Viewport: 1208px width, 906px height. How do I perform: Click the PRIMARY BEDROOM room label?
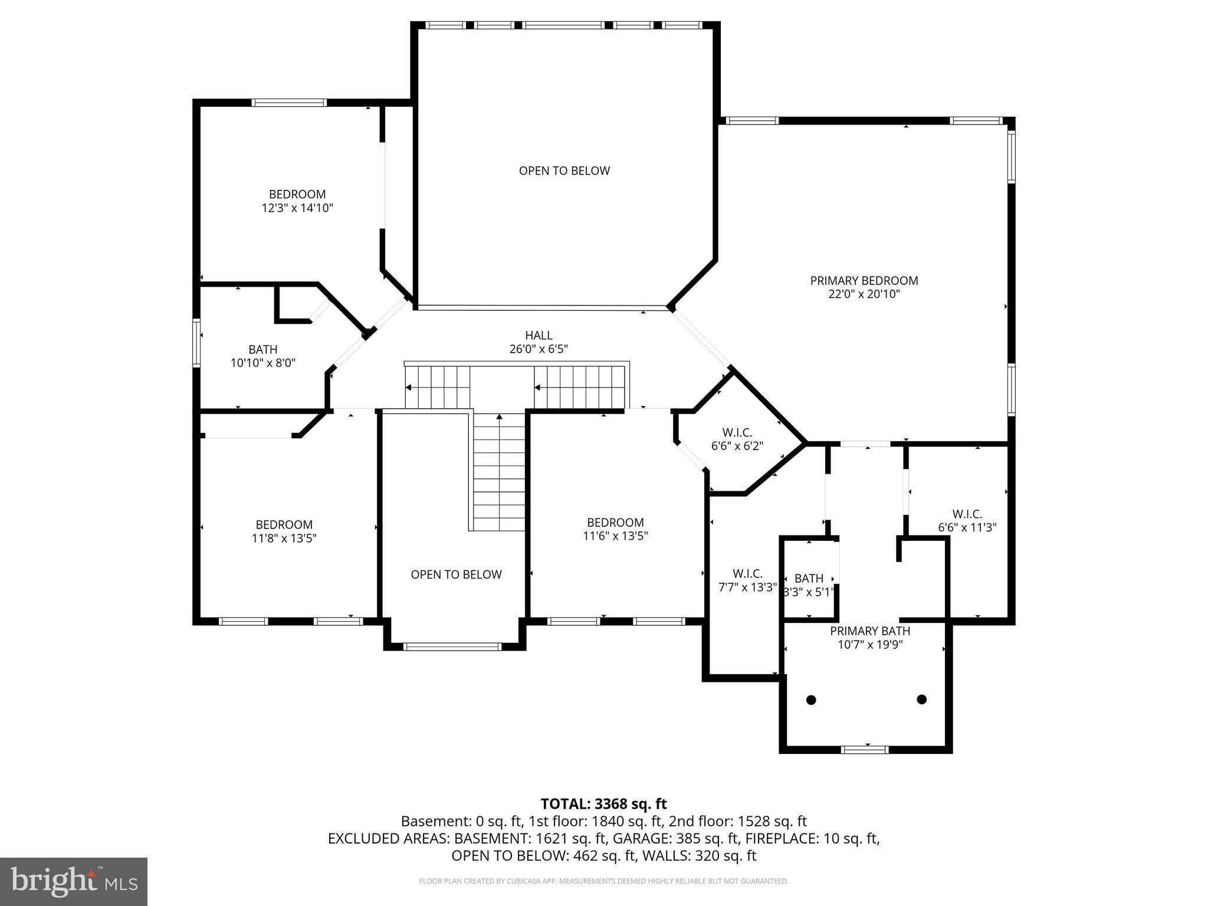[864, 281]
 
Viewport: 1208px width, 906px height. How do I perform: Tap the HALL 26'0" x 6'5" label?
[539, 342]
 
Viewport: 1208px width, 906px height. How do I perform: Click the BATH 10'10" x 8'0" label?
[262, 356]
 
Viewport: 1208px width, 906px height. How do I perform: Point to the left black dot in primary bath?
[811, 700]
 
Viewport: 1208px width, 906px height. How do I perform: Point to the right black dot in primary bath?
[922, 700]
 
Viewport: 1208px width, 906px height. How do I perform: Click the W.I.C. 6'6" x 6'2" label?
[737, 439]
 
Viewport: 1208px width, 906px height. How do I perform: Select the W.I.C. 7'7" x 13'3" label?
[747, 580]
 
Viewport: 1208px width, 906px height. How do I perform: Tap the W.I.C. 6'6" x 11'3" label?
[967, 521]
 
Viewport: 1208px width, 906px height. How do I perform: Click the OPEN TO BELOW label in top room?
[564, 171]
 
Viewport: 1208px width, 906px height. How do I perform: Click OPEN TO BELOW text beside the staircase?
[456, 575]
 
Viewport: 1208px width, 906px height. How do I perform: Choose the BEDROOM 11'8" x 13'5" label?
[284, 531]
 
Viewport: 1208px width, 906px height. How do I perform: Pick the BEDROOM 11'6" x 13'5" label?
[615, 529]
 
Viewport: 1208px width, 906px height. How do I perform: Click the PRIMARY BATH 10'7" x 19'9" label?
[870, 638]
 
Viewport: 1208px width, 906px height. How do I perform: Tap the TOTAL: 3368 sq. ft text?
[603, 804]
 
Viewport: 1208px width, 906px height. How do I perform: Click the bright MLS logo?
[74, 881]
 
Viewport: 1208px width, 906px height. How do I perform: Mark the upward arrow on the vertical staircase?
[500, 418]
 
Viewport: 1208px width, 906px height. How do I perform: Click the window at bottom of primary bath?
[864, 750]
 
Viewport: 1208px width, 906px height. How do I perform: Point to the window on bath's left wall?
[197, 343]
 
